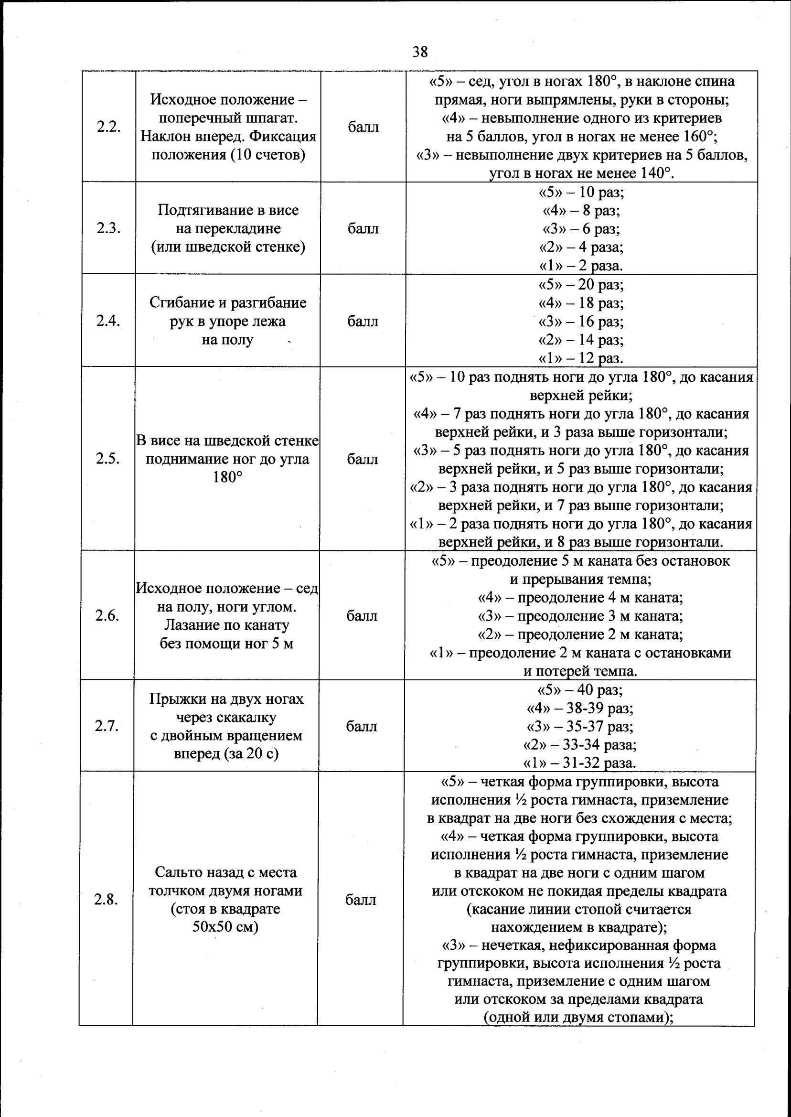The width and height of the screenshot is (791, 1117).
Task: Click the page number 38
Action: pos(420,52)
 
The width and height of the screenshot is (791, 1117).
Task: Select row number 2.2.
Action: pos(108,127)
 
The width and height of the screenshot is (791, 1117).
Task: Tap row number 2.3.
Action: pos(108,228)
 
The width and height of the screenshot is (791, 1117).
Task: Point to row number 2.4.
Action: pos(107,321)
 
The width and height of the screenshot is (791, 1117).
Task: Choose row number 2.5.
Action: pos(107,458)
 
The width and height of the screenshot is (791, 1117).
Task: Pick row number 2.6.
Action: pos(107,616)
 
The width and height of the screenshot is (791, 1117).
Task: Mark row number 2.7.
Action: pos(106,726)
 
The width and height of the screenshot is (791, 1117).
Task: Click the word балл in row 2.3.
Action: pos(363,228)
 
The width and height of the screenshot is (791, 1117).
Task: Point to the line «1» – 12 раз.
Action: pos(580,358)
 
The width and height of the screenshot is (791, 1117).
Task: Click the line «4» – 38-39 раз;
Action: pos(579,708)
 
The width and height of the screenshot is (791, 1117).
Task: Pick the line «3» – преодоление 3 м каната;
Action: pos(580,616)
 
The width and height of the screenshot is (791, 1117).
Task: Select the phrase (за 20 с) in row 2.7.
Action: pos(250,753)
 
